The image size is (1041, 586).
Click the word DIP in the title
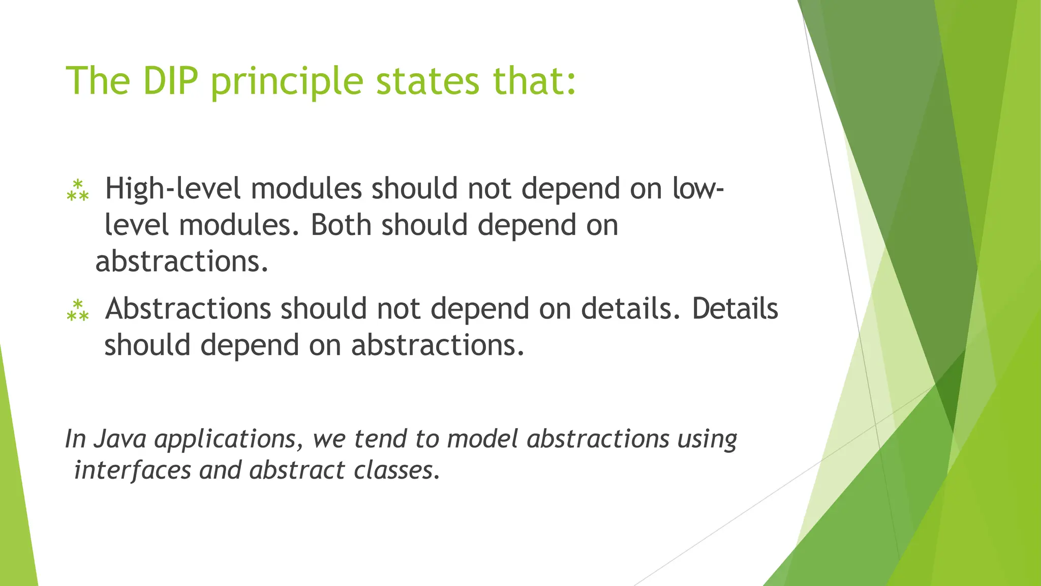click(x=170, y=81)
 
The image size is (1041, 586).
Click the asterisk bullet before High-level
click(x=78, y=190)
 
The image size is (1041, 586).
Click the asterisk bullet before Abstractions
click(x=78, y=310)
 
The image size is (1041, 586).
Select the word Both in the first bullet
click(x=341, y=225)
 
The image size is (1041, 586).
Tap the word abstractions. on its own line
click(x=181, y=261)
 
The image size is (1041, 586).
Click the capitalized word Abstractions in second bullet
click(x=188, y=309)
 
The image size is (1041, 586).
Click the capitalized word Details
click(x=735, y=309)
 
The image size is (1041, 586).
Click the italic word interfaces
click(x=132, y=470)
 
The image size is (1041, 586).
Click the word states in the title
click(x=427, y=81)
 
